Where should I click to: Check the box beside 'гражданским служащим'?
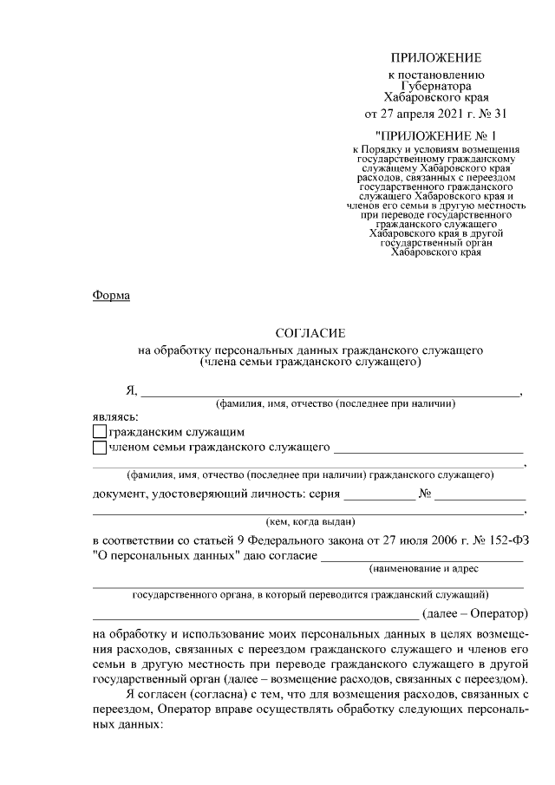coord(99,431)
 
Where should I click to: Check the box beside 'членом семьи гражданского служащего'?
coord(99,448)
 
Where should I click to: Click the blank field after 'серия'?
coord(379,497)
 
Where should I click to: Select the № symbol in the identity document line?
coord(425,494)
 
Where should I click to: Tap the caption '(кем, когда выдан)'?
coord(310,521)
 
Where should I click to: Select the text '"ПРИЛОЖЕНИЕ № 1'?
coord(435,136)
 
